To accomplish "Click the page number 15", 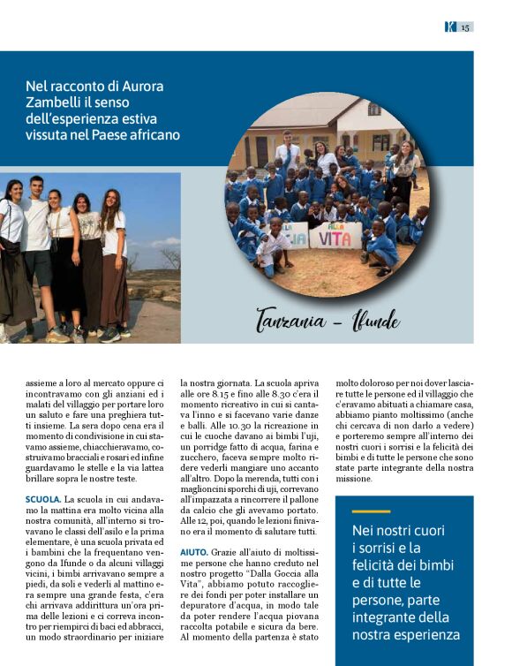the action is (465, 26).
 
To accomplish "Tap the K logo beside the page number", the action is (450, 26).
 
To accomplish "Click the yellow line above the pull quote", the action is (370, 511).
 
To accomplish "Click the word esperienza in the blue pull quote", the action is (427, 634).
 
